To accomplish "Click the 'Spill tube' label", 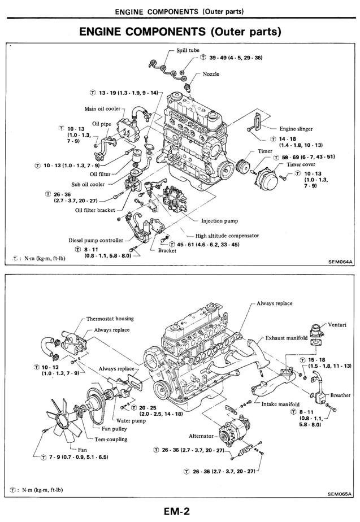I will point(188,50).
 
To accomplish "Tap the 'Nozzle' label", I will point(211,75).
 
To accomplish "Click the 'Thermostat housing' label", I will point(110,319).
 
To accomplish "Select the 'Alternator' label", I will point(201,436).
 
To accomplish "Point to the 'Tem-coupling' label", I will point(111,439).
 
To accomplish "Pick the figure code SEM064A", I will point(340,262).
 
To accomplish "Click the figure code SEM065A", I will point(340,493).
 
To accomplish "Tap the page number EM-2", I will point(177,511).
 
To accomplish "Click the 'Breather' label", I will point(340,395).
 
